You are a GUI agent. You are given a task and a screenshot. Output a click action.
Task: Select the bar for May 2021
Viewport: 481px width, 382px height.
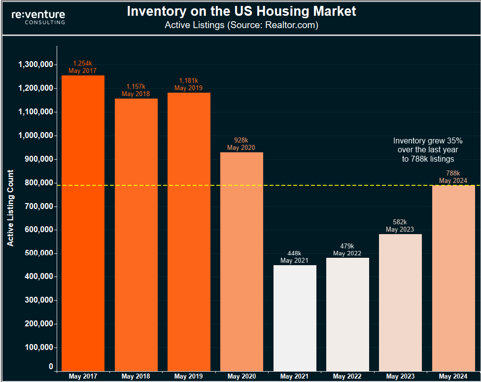tap(295, 318)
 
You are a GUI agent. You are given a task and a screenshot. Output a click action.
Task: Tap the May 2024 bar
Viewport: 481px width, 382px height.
tap(453, 278)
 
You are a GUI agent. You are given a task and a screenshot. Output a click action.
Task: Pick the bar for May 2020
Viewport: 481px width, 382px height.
tap(241, 261)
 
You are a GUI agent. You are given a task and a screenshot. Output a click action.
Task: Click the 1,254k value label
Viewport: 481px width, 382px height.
tap(83, 64)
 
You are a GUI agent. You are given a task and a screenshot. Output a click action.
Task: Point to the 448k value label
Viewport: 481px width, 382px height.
tap(295, 253)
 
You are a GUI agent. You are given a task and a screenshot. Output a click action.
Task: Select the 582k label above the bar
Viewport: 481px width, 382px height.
tap(400, 222)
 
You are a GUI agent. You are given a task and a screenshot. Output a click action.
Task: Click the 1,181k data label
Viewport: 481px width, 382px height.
tap(189, 81)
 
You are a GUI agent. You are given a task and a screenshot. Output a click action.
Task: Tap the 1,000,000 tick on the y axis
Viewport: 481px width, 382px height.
tap(35, 136)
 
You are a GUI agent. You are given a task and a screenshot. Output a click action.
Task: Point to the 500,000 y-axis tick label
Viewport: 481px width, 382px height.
tap(38, 253)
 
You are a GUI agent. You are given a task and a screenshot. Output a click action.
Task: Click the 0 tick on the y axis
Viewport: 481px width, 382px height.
tap(51, 367)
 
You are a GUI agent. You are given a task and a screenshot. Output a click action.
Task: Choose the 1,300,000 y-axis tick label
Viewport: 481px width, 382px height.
tap(35, 65)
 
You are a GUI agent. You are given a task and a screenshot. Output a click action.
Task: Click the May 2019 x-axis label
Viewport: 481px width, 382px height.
tap(189, 377)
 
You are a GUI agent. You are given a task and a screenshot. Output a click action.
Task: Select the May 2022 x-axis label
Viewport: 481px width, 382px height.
tap(347, 377)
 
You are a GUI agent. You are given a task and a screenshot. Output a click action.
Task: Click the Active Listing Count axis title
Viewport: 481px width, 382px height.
tap(10, 208)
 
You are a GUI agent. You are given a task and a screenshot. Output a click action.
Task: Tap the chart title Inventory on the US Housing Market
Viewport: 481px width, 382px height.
tap(241, 11)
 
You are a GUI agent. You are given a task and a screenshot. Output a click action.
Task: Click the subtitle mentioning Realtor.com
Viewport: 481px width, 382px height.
tap(241, 25)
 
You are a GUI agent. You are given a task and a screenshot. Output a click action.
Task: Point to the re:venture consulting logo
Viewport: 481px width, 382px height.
tap(38, 17)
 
